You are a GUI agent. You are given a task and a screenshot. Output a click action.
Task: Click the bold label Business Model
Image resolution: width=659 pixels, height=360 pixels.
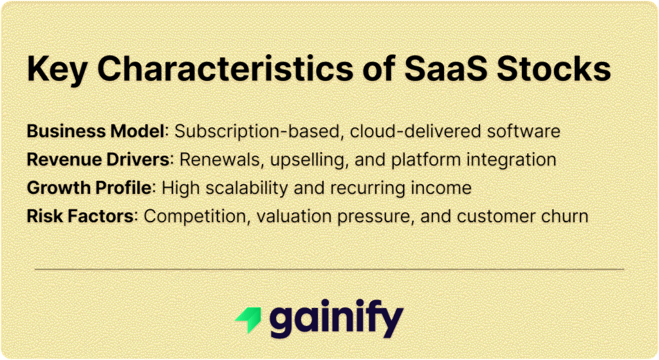pyautogui.click(x=95, y=131)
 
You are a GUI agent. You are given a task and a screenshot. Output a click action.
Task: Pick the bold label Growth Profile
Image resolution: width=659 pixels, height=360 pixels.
pyautogui.click(x=89, y=187)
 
